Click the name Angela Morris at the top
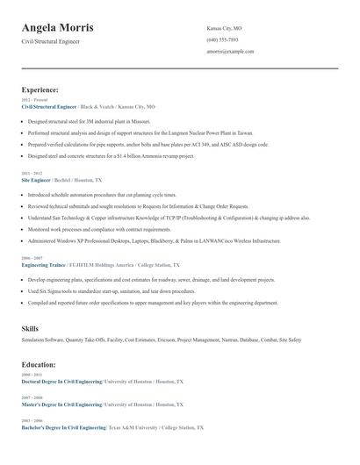click(58, 28)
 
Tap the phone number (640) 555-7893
click(222, 40)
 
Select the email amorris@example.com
click(230, 52)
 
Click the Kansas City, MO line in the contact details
click(224, 29)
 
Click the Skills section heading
click(30, 328)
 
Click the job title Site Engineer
click(37, 179)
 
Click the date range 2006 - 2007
click(31, 258)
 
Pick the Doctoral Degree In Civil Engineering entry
click(61, 383)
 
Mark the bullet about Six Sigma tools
click(112, 290)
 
